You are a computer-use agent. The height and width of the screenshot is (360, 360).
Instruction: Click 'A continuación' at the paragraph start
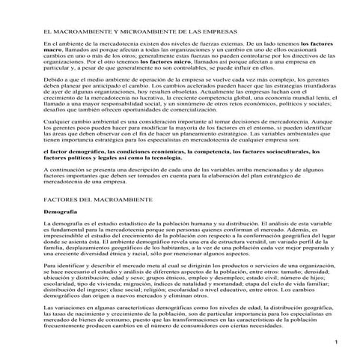click(64, 170)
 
